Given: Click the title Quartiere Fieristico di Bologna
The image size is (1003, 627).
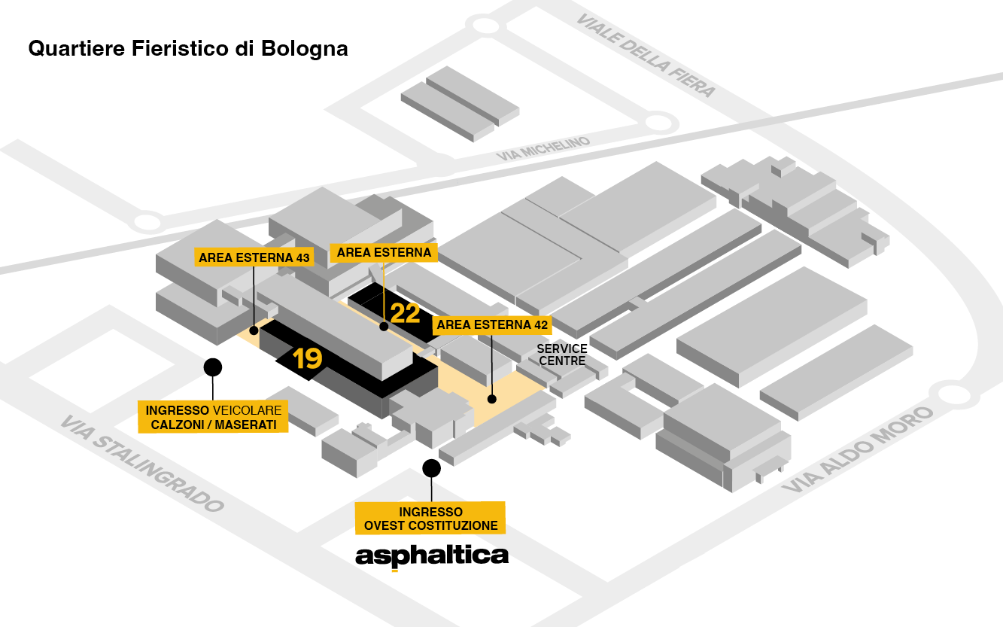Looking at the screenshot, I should click(x=187, y=49).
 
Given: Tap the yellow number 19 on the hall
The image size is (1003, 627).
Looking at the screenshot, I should click(x=308, y=359).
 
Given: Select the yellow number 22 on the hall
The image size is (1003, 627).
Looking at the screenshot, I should click(x=405, y=312).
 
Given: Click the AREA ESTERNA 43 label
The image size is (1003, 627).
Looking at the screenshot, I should click(x=254, y=257).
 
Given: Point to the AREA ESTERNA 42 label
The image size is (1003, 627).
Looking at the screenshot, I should click(x=492, y=325).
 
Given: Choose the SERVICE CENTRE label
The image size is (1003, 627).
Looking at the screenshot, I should click(x=562, y=355).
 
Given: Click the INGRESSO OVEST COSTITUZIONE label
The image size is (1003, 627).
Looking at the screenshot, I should click(x=430, y=519).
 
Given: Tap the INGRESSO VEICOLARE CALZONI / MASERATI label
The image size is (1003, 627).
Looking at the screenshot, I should click(x=214, y=418).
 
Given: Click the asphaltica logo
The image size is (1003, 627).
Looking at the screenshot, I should click(x=432, y=557).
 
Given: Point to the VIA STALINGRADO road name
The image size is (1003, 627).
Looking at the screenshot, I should click(x=142, y=464).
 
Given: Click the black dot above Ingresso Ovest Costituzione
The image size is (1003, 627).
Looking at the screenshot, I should click(x=431, y=468).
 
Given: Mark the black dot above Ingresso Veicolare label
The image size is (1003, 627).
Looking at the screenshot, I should click(x=213, y=367).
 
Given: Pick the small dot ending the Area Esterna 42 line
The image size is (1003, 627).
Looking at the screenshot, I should click(x=492, y=400).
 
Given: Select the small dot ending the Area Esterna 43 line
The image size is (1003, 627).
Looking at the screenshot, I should click(x=254, y=329).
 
